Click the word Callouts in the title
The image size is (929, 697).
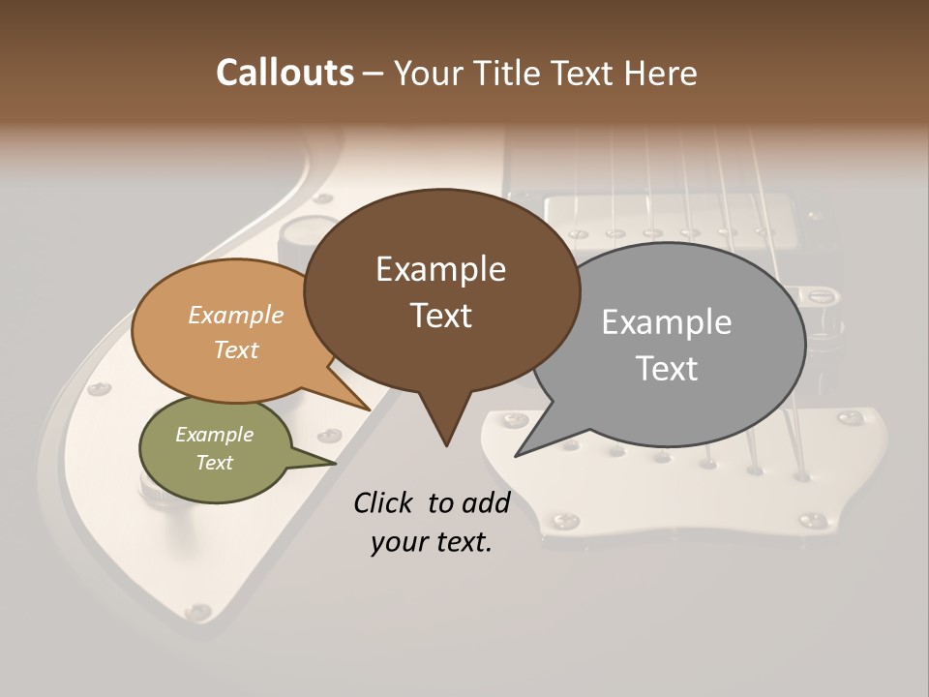click(x=285, y=73)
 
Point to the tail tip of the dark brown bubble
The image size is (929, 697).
click(x=446, y=445)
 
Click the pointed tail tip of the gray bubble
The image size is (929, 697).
click(x=516, y=455)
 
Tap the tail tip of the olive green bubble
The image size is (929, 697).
click(x=336, y=463)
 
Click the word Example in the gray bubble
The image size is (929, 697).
click(x=667, y=322)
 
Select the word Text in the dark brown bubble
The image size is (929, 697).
click(x=441, y=316)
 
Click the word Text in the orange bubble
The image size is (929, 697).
click(x=236, y=350)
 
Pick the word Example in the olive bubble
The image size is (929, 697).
click(x=214, y=435)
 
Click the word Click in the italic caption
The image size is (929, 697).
click(x=385, y=502)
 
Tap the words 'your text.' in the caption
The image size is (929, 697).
click(x=432, y=543)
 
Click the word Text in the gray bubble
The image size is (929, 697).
click(x=667, y=369)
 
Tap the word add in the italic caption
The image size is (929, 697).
click(x=487, y=502)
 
